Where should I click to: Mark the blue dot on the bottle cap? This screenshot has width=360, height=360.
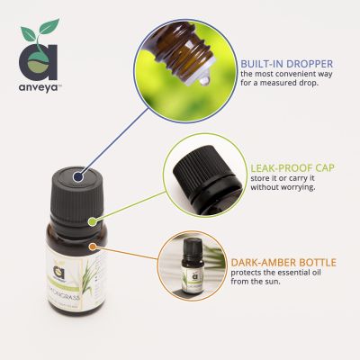click(61, 178)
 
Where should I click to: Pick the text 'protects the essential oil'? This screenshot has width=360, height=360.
click(271, 274)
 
